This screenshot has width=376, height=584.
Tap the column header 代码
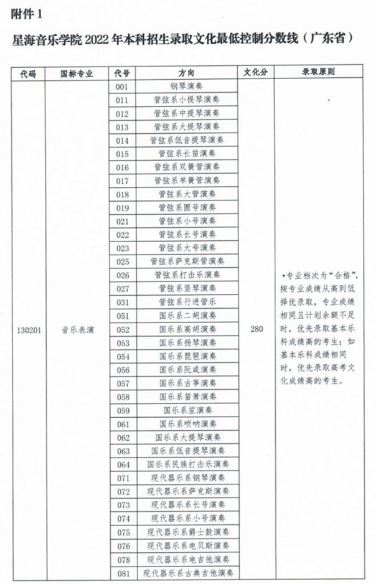pos(28,73)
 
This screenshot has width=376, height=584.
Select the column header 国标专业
pos(77,73)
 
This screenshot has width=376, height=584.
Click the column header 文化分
pos(255,73)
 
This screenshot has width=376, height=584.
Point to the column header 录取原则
pos(323,73)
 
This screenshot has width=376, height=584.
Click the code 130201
pos(29,330)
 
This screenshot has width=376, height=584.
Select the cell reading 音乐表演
pos(77,330)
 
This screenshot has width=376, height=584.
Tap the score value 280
pos(256,330)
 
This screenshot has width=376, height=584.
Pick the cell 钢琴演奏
pos(186,87)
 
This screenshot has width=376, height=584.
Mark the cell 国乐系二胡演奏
pos(186,316)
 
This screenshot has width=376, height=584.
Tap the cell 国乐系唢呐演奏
pos(186,424)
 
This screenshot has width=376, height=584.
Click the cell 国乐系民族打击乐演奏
pos(186,464)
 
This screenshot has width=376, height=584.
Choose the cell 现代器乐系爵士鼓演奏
pos(187,532)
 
